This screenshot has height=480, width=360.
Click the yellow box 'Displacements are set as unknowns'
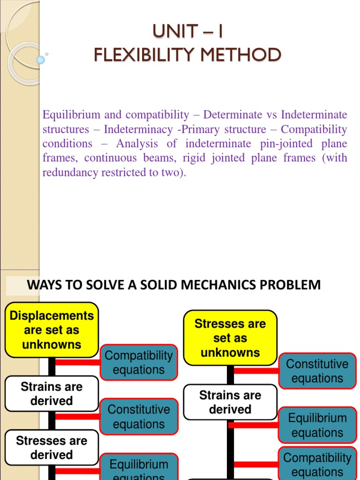52,330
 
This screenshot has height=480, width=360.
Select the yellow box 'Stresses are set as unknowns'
230,338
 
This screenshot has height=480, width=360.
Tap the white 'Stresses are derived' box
52,448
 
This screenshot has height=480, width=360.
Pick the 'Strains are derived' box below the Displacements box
52,394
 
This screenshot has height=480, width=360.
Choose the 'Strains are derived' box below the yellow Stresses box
230,402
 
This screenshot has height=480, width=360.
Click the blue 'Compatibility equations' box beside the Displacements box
139,362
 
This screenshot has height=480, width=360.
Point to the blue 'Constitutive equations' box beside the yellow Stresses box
317,371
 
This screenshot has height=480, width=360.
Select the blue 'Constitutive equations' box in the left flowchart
139,416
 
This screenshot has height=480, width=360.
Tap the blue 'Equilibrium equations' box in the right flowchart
317,425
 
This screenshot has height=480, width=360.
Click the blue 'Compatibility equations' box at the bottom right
317,464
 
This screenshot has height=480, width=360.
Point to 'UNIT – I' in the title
187,32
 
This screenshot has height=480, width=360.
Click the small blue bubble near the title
41,60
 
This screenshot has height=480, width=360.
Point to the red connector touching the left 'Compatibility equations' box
77,362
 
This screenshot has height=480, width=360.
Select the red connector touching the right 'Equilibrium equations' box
253,425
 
